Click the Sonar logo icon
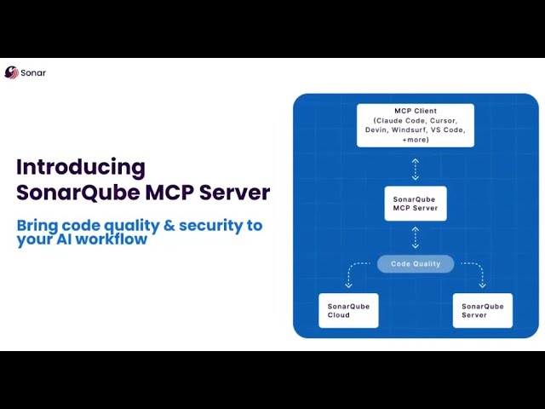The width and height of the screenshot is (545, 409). (x=11, y=72)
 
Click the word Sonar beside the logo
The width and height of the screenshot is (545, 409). (x=33, y=73)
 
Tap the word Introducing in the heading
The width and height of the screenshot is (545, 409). (x=81, y=167)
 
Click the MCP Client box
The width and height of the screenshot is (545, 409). (x=416, y=125)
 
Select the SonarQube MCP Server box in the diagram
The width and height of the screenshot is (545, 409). (x=416, y=204)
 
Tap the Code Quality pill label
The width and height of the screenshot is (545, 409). (x=416, y=264)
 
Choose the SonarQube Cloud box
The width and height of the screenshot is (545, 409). (x=348, y=310)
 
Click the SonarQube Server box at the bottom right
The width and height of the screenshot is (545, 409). (x=483, y=310)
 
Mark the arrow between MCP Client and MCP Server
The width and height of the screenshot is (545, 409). (x=416, y=169)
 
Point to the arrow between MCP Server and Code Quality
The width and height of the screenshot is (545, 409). (x=416, y=238)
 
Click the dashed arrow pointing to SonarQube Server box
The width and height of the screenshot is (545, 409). (x=481, y=274)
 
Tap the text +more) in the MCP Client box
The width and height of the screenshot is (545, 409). (x=416, y=139)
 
